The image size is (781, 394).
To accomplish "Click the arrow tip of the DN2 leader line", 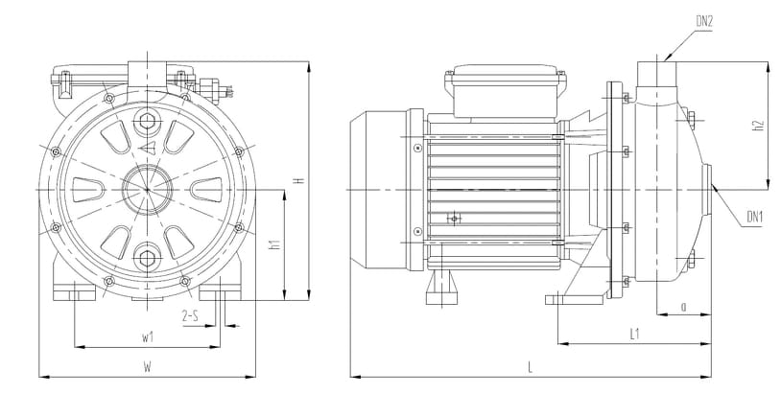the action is click(x=665, y=60).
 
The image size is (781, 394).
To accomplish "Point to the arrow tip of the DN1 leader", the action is click(x=712, y=185).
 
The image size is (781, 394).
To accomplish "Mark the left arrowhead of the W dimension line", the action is click(x=39, y=377).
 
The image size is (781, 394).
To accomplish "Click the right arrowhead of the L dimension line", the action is click(x=711, y=377).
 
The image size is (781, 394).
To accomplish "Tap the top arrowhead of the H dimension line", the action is click(x=309, y=61).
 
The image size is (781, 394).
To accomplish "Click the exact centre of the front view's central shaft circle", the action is click(x=148, y=190).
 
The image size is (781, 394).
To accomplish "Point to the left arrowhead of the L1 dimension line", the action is click(x=558, y=343).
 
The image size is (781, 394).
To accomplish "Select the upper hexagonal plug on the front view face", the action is click(x=148, y=121).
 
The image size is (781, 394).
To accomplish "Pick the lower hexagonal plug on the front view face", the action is click(x=148, y=258).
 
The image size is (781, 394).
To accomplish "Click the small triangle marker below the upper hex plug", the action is click(x=148, y=147).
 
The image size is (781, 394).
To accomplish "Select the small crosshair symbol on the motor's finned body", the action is click(x=454, y=218).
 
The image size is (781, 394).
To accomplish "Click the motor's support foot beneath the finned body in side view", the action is click(x=441, y=287).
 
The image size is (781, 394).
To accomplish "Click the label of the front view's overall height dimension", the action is click(x=299, y=180).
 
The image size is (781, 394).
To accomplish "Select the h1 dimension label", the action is click(x=275, y=243).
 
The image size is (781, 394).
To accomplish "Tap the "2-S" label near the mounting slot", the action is click(x=191, y=315).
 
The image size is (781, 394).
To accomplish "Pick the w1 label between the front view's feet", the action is click(x=147, y=337).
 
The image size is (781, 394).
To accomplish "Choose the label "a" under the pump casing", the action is click(x=683, y=307).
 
